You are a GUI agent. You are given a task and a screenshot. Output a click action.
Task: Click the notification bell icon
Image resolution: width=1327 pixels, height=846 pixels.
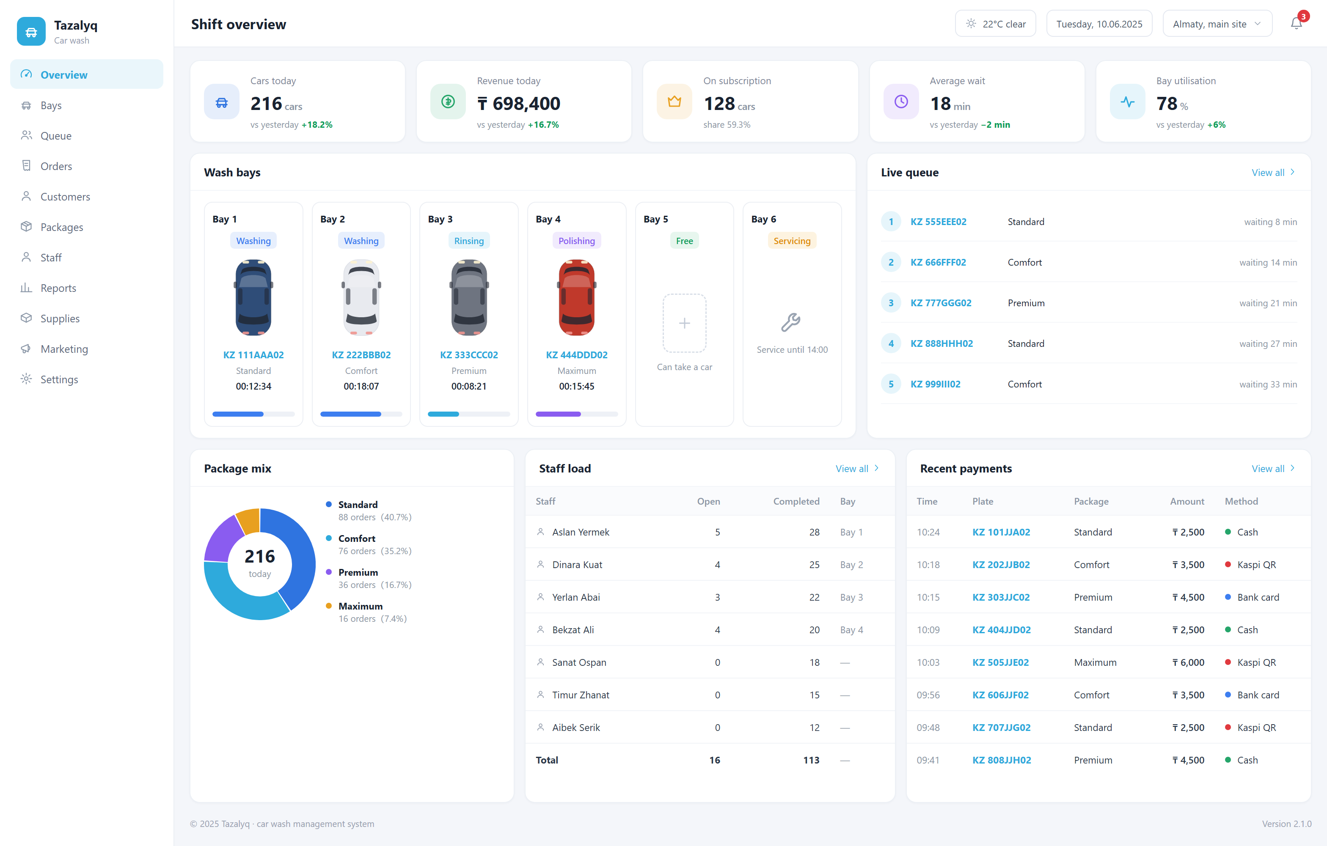pyautogui.click(x=1296, y=24)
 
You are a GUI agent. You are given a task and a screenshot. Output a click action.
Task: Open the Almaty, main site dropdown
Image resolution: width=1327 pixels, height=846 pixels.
pyautogui.click(x=1217, y=24)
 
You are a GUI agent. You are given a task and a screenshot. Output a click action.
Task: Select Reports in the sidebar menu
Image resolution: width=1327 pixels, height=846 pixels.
pyautogui.click(x=58, y=288)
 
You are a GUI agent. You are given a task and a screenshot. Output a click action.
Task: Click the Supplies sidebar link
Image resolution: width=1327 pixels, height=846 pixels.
pyautogui.click(x=60, y=319)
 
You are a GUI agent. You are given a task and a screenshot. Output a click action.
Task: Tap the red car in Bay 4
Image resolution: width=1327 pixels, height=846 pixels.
pyautogui.click(x=576, y=298)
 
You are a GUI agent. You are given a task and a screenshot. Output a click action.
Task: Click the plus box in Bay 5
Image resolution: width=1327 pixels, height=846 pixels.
pyautogui.click(x=684, y=323)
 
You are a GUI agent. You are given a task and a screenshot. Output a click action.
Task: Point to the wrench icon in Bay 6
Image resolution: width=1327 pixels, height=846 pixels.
pyautogui.click(x=791, y=322)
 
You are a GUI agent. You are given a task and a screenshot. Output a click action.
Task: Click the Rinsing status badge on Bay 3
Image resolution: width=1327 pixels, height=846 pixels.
pyautogui.click(x=468, y=241)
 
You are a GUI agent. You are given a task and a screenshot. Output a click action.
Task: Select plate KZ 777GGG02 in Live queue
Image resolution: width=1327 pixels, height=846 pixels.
pyautogui.click(x=941, y=303)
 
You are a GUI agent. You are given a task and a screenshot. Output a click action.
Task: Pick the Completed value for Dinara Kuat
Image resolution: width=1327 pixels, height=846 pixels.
pyautogui.click(x=814, y=565)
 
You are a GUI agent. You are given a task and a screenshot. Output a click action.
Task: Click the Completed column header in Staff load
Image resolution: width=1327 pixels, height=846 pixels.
pyautogui.click(x=796, y=501)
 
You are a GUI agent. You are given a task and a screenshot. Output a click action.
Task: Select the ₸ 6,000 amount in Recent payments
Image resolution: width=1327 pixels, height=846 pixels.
pyautogui.click(x=1188, y=662)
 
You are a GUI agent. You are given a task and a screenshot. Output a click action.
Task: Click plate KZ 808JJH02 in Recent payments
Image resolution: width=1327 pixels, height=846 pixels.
pyautogui.click(x=1001, y=760)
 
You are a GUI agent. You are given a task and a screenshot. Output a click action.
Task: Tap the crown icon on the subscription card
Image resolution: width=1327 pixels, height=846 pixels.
pyautogui.click(x=674, y=102)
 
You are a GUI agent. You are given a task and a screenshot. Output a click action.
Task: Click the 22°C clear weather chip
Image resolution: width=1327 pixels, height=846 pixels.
pyautogui.click(x=995, y=24)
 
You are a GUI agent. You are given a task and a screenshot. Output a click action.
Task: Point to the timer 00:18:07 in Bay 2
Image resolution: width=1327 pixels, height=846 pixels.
pyautogui.click(x=361, y=386)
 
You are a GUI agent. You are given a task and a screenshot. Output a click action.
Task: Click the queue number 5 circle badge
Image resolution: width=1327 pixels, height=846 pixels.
pyautogui.click(x=891, y=384)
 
